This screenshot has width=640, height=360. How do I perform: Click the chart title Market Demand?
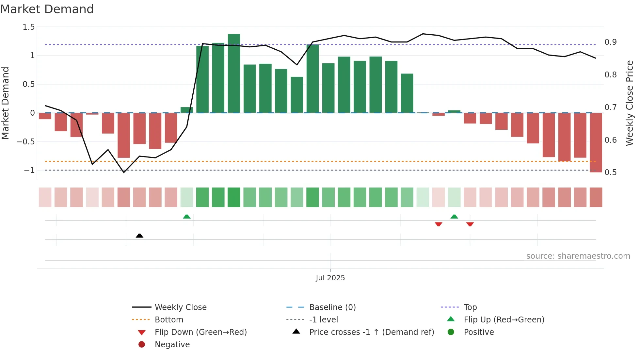[47, 9]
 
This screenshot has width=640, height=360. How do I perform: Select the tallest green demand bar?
[234, 74]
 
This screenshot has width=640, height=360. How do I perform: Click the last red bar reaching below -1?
[596, 142]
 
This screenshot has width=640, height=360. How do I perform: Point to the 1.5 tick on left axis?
[29, 27]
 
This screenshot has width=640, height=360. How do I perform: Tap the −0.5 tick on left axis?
[26, 141]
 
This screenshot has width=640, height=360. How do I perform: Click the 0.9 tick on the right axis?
[610, 42]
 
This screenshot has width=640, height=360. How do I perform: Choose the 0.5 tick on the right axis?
[610, 172]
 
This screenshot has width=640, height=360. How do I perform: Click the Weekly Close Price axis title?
[629, 103]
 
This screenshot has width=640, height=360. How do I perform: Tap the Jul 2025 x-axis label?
[330, 278]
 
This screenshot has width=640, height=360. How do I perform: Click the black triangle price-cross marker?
[139, 236]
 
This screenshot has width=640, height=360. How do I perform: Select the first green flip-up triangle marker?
[186, 217]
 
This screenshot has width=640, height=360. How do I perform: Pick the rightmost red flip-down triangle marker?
[470, 224]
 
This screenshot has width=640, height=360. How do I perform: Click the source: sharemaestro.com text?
[578, 256]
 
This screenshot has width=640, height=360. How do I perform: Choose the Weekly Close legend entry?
[180, 307]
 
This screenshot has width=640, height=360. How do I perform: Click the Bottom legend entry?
[169, 319]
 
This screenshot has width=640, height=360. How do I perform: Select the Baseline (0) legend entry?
[332, 307]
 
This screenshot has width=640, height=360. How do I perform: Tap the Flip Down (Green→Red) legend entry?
[200, 332]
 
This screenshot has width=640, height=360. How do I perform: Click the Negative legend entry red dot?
[142, 344]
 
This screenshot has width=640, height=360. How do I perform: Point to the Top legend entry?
[470, 307]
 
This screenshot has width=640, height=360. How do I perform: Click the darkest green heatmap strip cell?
[234, 197]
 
